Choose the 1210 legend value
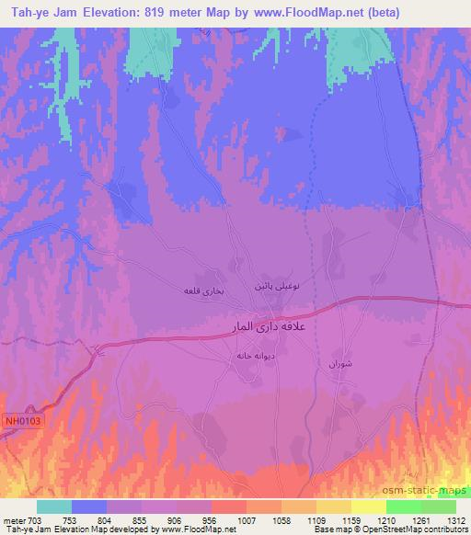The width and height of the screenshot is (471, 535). click(385, 518)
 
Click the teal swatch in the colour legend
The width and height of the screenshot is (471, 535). click(54, 507)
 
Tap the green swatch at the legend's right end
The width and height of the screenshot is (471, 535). click(439, 507)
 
